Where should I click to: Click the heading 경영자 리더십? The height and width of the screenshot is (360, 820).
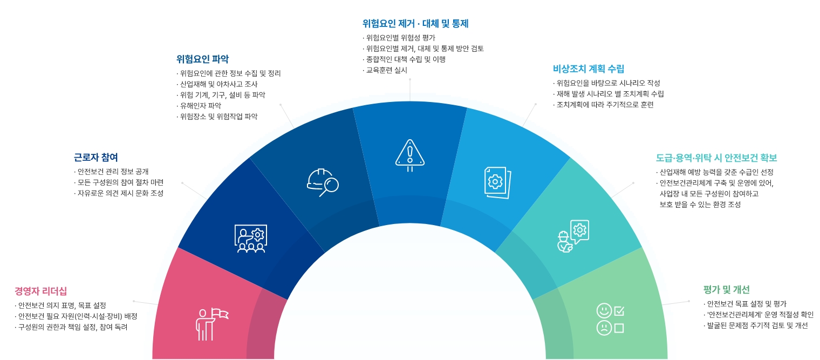tap(40, 291)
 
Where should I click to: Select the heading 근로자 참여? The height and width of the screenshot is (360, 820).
tap(95, 158)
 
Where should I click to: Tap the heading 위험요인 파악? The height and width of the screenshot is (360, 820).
tap(202, 59)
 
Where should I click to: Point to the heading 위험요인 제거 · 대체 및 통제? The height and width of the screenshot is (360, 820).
tap(415, 24)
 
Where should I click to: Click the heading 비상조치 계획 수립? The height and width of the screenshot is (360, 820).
tap(589, 69)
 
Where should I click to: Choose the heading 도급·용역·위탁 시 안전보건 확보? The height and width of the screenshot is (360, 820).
tap(716, 158)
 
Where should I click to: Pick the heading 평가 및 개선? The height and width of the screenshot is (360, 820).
tap(726, 289)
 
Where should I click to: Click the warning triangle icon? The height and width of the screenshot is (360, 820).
tap(410, 154)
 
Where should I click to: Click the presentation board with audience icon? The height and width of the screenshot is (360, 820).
tap(251, 239)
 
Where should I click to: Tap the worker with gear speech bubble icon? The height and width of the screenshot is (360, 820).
tap(572, 236)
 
